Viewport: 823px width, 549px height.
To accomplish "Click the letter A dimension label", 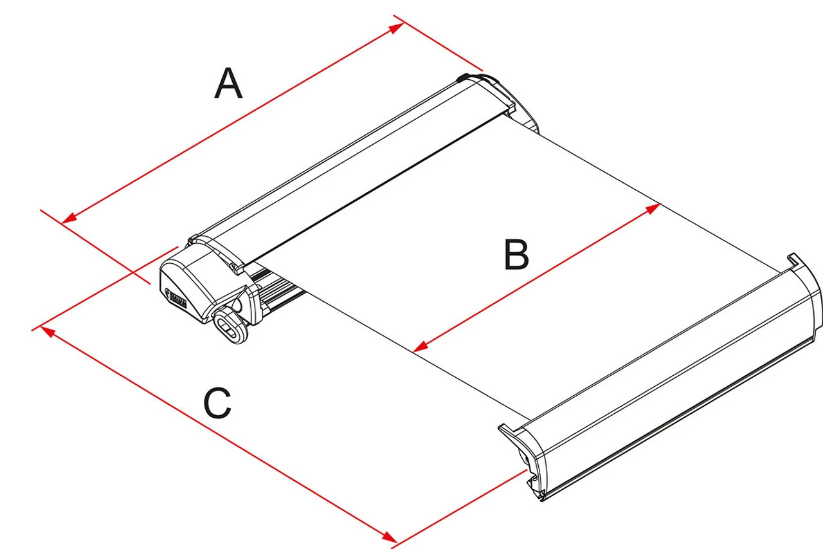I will [x=228, y=84].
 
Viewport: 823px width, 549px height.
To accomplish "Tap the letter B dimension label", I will [x=516, y=255].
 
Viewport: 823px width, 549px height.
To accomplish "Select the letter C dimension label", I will [x=217, y=404].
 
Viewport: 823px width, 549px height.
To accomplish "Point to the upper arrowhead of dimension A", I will [x=398, y=26].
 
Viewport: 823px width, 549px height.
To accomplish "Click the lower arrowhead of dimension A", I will [x=67, y=220].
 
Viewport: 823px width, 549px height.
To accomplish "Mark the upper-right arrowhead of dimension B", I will [x=655, y=207].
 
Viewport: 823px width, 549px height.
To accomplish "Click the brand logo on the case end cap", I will [x=176, y=299].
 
